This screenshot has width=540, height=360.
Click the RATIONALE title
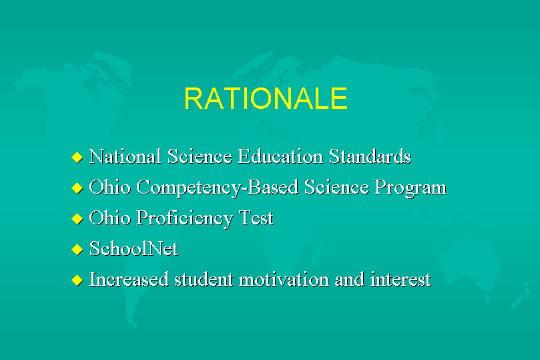266,98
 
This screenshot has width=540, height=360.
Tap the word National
125,156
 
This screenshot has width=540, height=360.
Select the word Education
280,156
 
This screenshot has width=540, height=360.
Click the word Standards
370,156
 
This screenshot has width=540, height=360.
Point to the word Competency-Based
218,188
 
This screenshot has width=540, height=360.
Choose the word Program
411,188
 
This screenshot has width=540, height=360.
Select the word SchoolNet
134,248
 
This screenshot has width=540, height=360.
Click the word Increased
129,279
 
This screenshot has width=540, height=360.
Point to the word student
204,279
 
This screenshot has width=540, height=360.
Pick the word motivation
284,279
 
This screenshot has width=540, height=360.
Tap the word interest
400,279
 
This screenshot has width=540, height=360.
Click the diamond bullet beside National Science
77,158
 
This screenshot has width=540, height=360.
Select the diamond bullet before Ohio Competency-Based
77,188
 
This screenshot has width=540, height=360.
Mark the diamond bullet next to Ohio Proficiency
77,219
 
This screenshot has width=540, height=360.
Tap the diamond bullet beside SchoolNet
77,249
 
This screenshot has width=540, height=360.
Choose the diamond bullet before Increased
77,280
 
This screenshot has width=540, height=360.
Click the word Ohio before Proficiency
110,218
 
